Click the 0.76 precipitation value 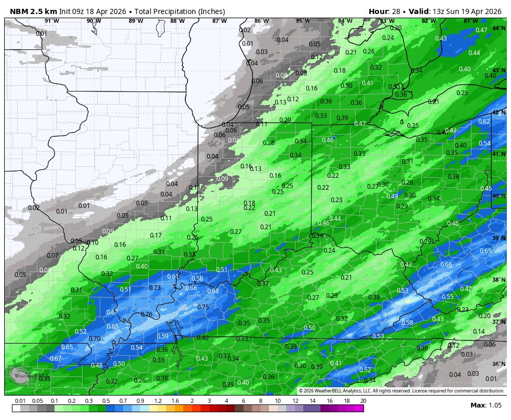click(146, 314)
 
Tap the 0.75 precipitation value click(203, 307)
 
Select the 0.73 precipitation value click(155, 288)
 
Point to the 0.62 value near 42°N click(483, 122)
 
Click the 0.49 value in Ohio click(392, 196)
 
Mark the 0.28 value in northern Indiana click(268, 143)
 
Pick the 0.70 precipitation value click(95, 339)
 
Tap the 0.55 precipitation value click(447, 297)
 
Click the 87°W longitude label click(219, 21)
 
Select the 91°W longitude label click(51, 21)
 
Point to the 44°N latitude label click(499, 28)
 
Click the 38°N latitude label click(499, 280)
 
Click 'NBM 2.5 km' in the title click(33, 11)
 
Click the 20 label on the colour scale click(363, 401)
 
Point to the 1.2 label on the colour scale click(158, 401)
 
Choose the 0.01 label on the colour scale click(20, 401)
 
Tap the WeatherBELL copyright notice click(401, 391)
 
